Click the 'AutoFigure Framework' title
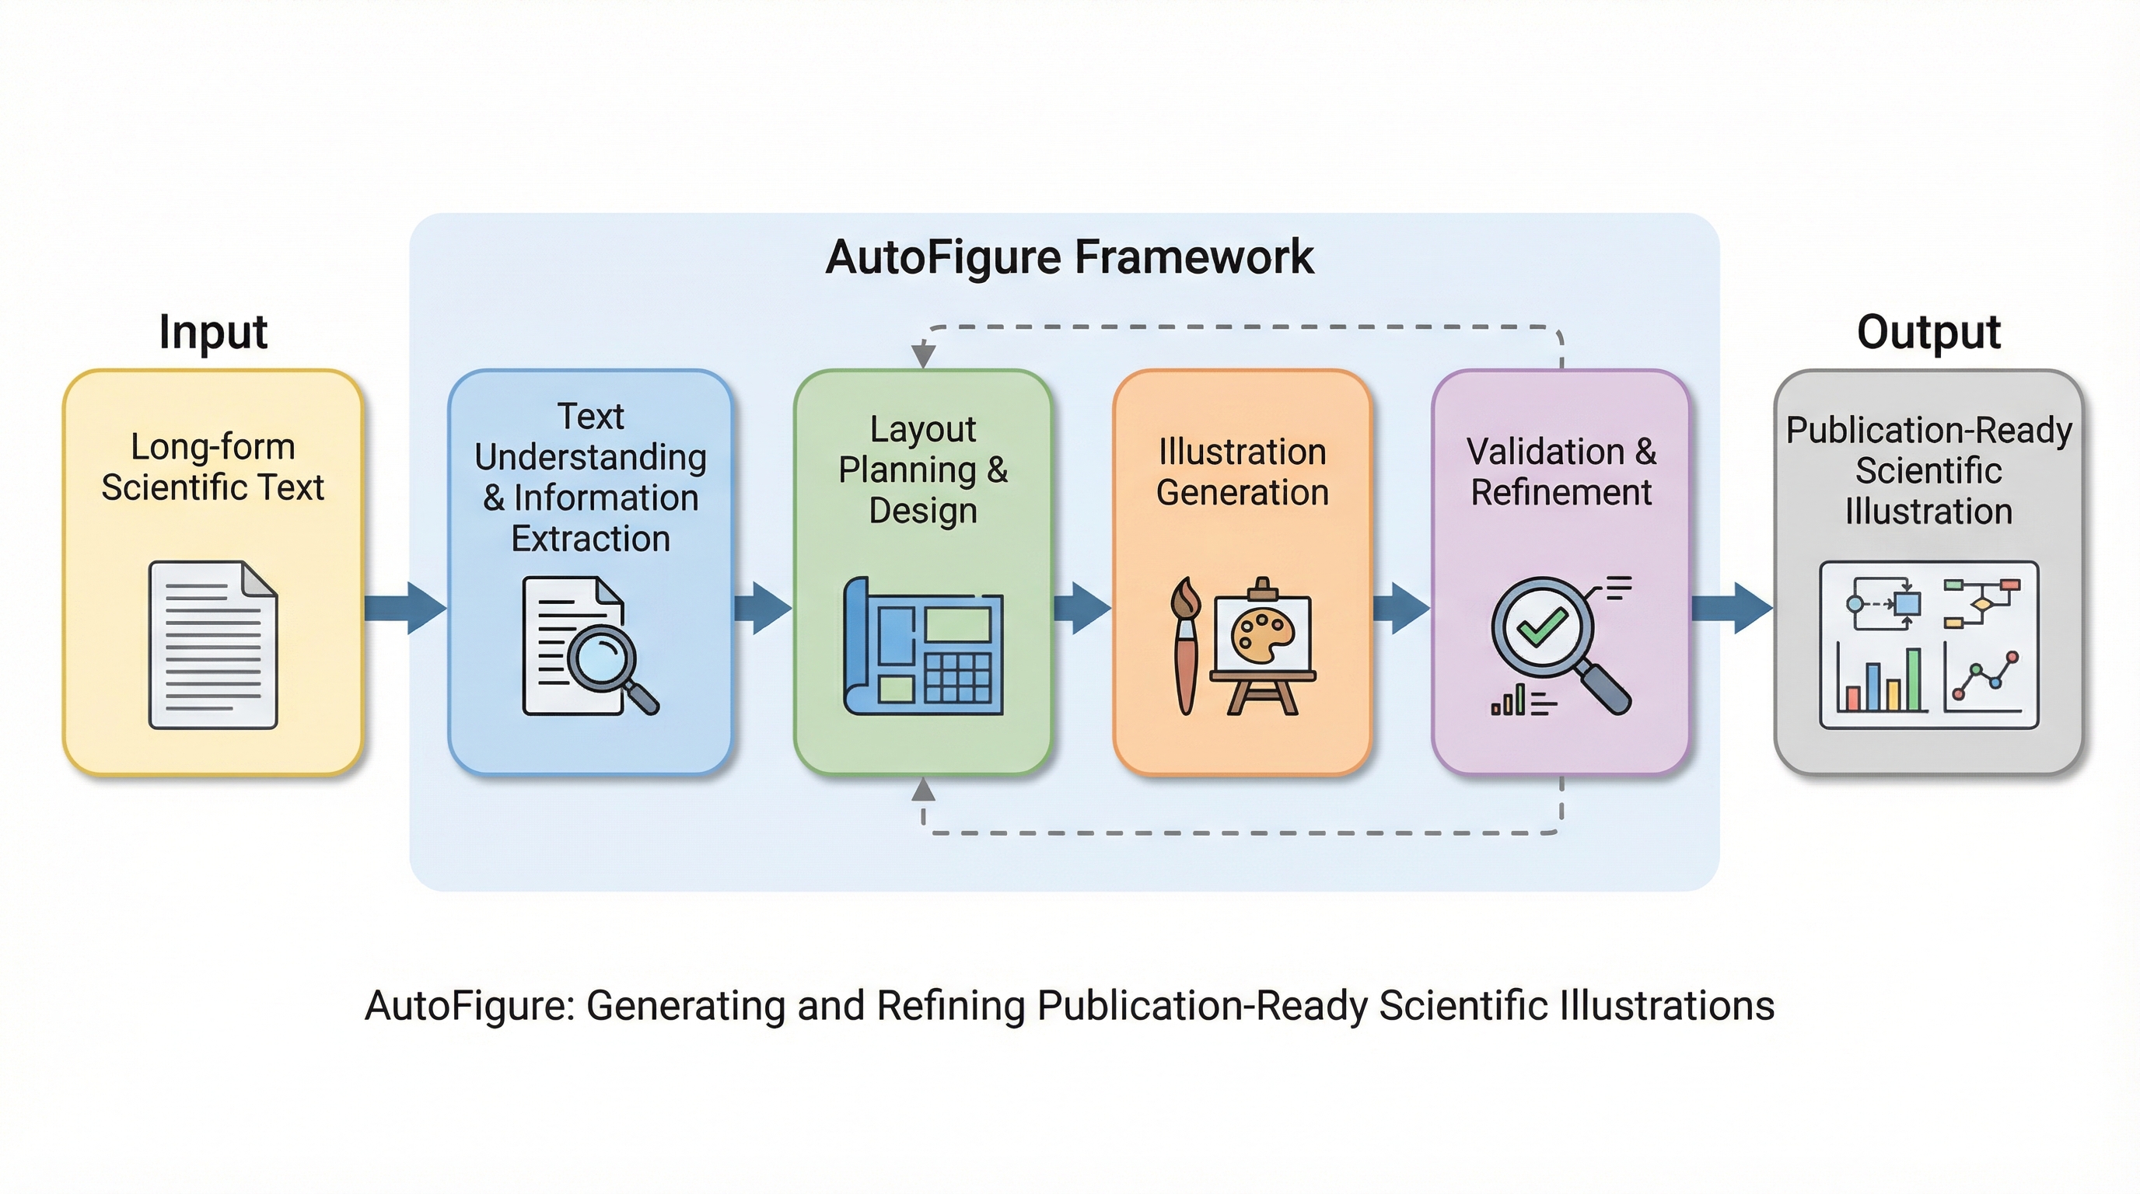point(1069,257)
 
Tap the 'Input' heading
point(212,332)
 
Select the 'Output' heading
point(1928,332)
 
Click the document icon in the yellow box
point(212,645)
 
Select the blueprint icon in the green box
point(923,646)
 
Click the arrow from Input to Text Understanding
point(405,608)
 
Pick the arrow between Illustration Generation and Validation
point(1401,608)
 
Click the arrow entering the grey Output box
point(1732,608)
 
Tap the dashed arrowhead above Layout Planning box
point(923,356)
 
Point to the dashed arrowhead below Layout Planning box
point(923,790)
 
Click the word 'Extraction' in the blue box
point(591,539)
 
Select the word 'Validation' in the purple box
point(1545,452)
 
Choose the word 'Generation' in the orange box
point(1242,492)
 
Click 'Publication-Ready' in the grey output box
point(1928,430)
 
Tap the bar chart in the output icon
point(1882,681)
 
